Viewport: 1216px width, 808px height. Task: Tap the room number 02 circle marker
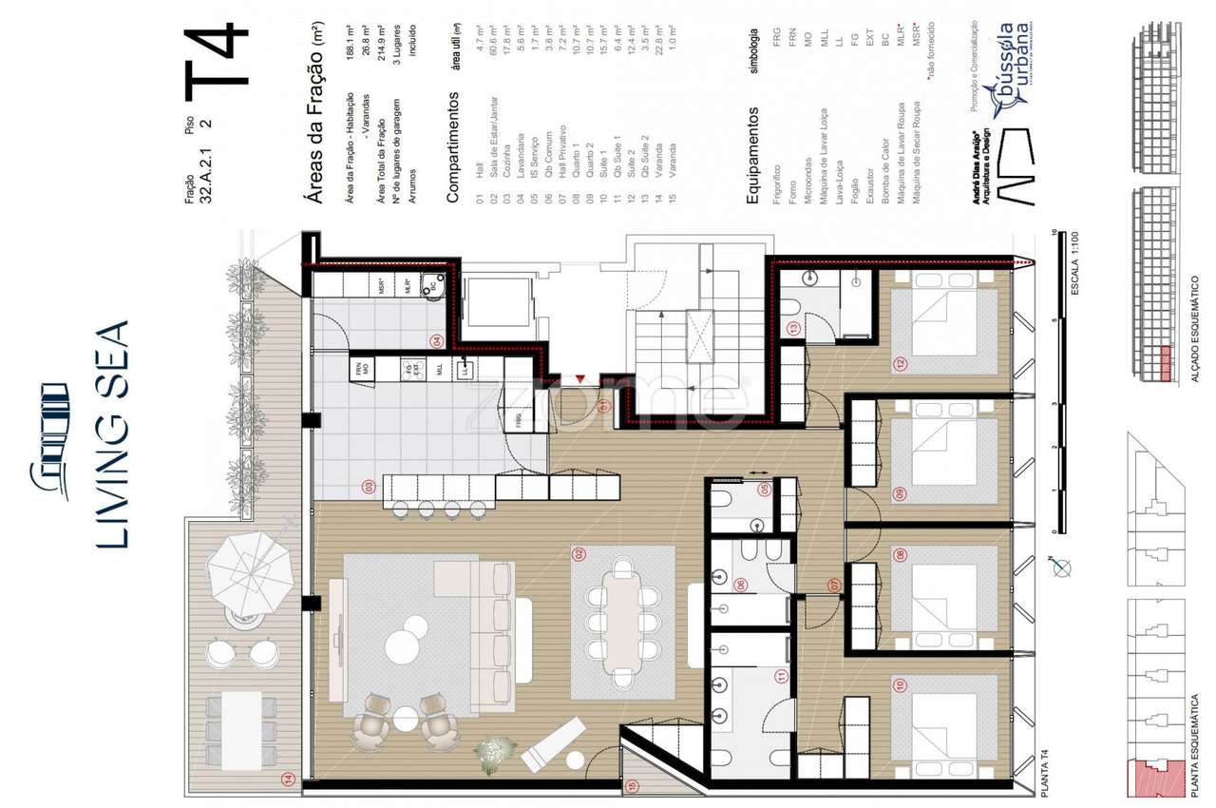pyautogui.click(x=576, y=553)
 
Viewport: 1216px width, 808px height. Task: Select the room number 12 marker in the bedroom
pyautogui.click(x=897, y=363)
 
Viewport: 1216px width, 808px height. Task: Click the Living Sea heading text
pyautogui.click(x=112, y=433)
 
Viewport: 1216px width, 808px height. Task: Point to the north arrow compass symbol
pyautogui.click(x=1062, y=568)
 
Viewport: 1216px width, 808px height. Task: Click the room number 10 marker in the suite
pyautogui.click(x=897, y=683)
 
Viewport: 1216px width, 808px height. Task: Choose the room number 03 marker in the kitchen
pyautogui.click(x=368, y=489)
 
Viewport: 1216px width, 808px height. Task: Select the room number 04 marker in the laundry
pyautogui.click(x=437, y=339)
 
